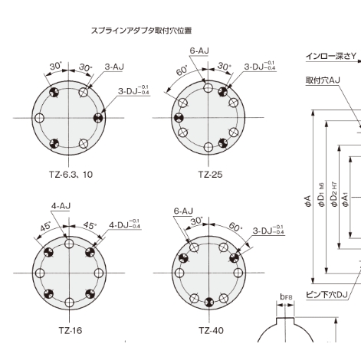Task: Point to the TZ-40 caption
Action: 209,330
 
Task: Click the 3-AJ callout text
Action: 113,67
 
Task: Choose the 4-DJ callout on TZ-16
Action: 124,225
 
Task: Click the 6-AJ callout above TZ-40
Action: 183,209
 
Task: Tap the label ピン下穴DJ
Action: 326,293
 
